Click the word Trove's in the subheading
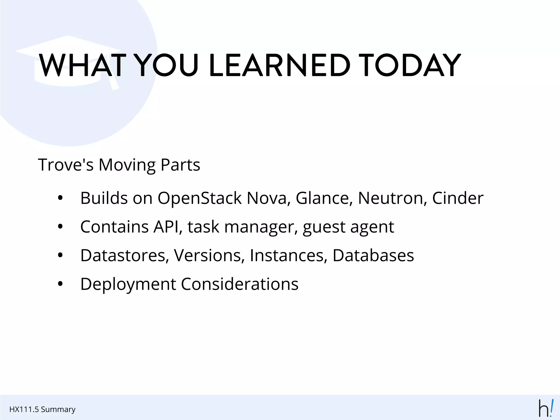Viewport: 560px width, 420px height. [66, 165]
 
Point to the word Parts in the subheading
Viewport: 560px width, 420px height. [180, 165]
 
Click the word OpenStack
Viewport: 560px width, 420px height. [199, 198]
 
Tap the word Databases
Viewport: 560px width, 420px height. [373, 256]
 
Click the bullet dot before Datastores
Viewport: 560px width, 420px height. [60, 256]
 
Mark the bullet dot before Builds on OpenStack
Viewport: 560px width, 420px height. [60, 198]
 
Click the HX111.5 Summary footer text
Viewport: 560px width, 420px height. [42, 409]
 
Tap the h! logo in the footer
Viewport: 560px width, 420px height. [546, 408]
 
